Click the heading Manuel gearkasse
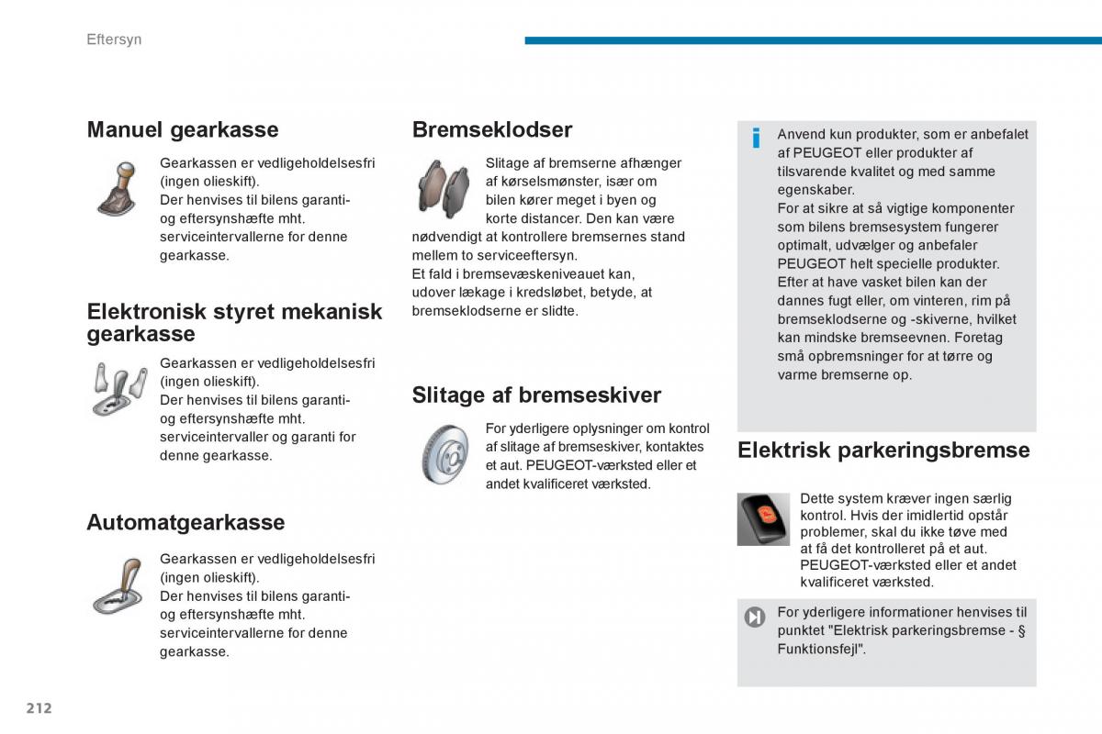[182, 129]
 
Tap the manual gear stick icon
[118, 188]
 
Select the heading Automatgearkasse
[186, 522]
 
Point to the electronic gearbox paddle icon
[119, 388]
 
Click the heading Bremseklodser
[491, 129]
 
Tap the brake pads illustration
[444, 187]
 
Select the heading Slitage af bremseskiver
[536, 395]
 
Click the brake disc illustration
[445, 454]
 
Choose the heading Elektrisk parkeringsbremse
[883, 450]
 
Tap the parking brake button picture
[763, 518]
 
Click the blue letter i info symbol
[756, 139]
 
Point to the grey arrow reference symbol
[755, 617]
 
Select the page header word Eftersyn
[114, 39]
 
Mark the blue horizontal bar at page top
[813, 40]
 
